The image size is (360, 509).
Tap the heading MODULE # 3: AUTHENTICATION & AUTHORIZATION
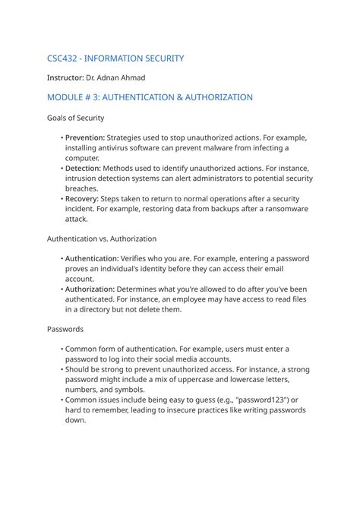point(150,97)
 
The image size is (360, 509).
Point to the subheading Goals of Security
point(76,118)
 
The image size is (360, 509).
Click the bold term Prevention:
point(85,138)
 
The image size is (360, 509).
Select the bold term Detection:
point(83,168)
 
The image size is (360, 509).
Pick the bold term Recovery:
point(83,198)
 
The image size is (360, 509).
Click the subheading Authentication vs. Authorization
point(102,239)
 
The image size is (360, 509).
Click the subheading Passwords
point(65,329)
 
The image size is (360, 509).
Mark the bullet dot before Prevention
point(62,138)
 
